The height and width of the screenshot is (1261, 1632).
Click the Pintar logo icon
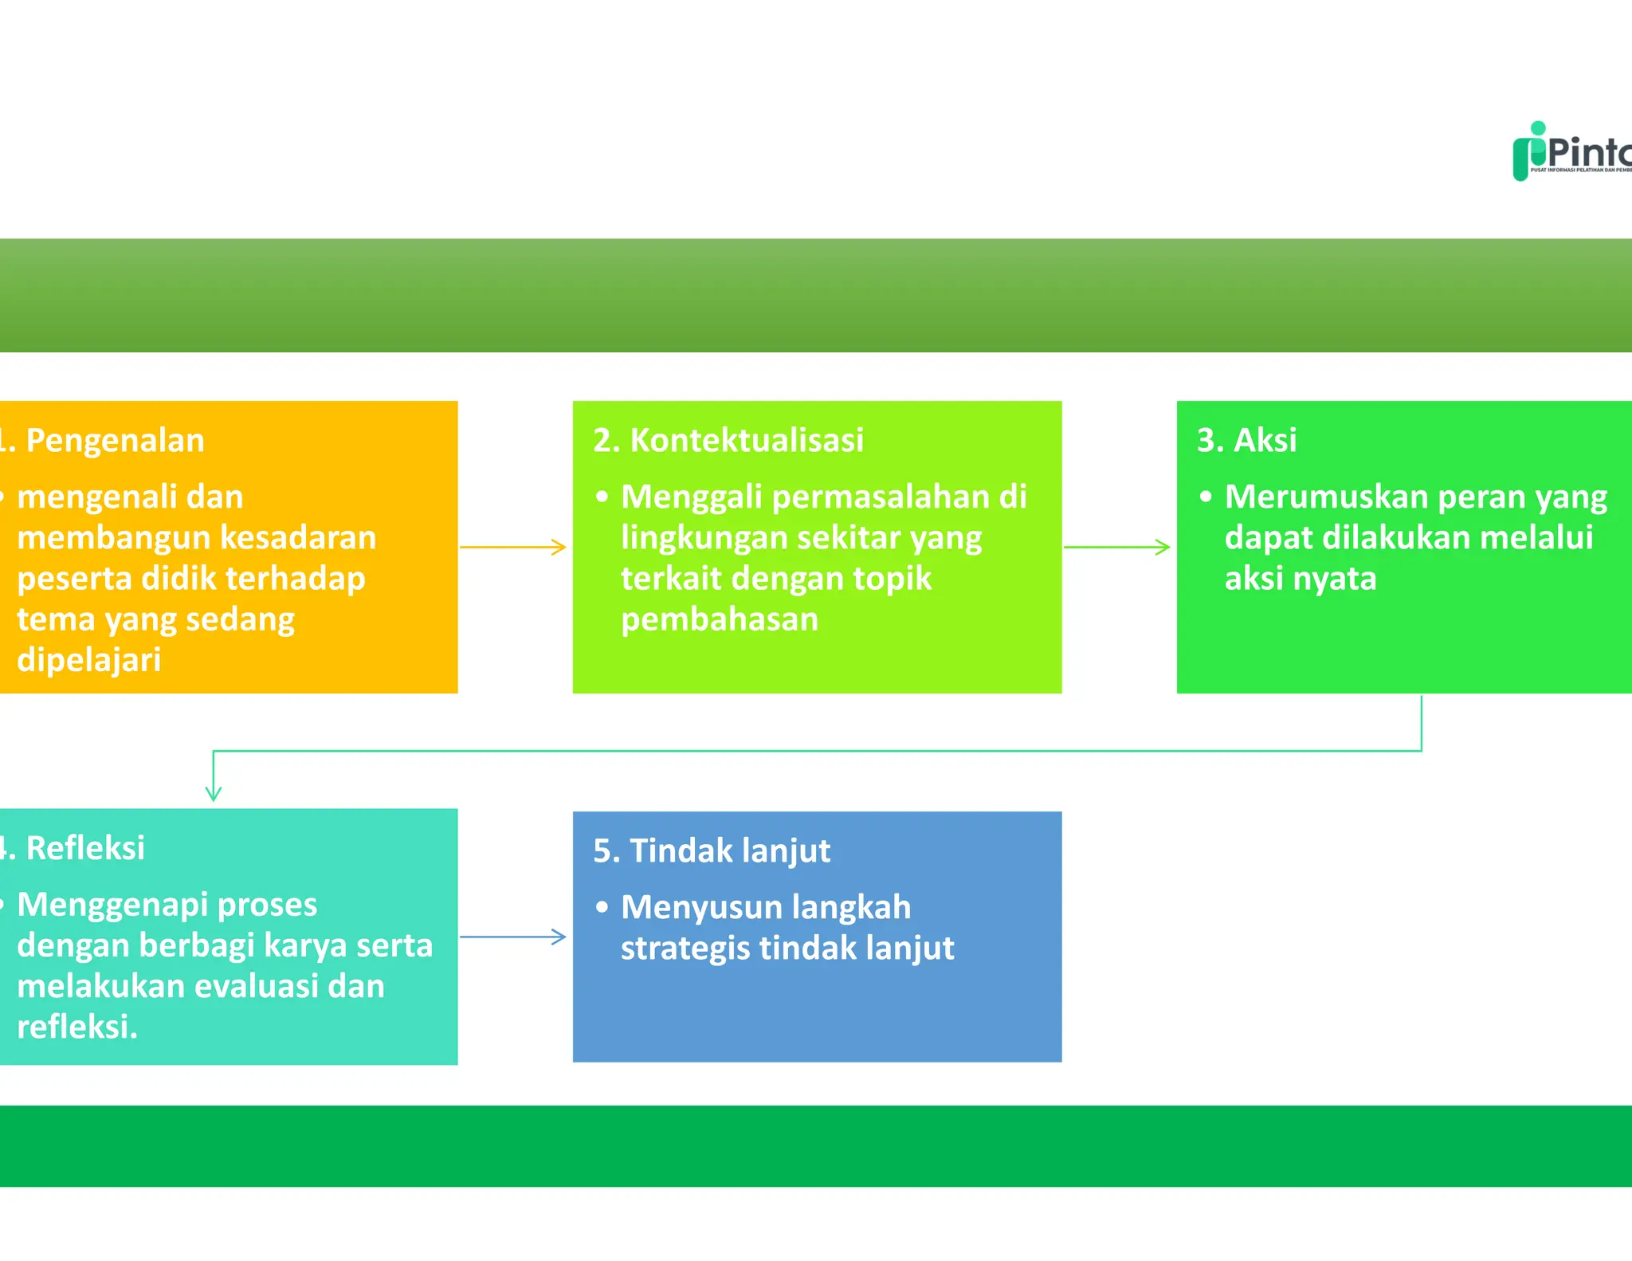coord(1531,151)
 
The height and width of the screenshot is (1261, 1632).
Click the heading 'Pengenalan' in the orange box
coord(115,441)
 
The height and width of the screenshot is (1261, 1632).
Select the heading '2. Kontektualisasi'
coord(728,441)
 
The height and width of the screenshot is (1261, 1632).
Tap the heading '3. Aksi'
coord(1246,441)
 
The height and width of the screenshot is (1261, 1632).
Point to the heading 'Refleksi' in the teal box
coord(85,848)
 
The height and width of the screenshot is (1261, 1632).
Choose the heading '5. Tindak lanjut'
coord(712,850)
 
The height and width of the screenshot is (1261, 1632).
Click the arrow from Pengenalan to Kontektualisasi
coord(513,547)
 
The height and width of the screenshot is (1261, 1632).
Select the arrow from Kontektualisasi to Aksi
coord(1117,547)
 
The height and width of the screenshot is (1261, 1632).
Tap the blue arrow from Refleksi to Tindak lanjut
coord(513,937)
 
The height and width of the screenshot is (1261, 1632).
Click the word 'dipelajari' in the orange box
coord(89,660)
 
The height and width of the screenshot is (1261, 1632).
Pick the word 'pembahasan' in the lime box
coord(720,619)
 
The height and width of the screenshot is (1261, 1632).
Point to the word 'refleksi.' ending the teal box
coord(77,1027)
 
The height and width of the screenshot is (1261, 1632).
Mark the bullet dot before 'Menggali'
coord(602,497)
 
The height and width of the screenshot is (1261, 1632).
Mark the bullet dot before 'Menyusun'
coord(602,907)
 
